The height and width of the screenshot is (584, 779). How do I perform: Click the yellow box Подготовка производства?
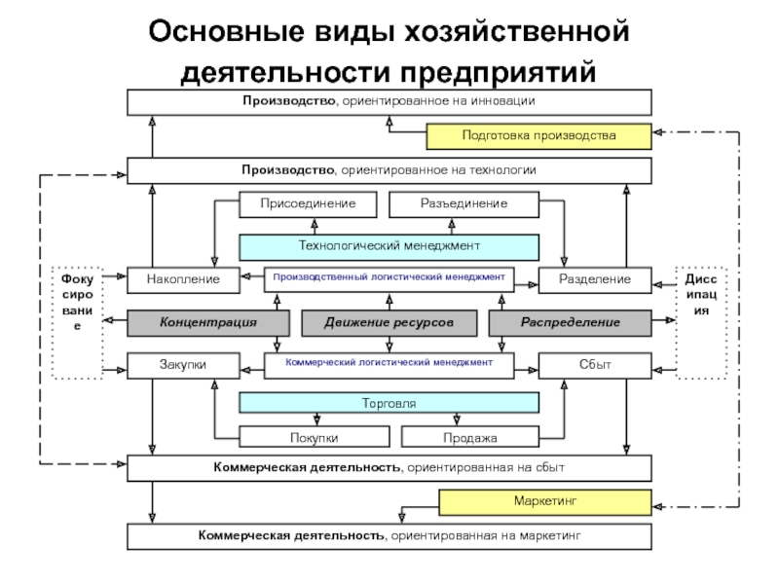click(x=539, y=136)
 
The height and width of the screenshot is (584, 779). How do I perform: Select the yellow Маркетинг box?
click(x=545, y=502)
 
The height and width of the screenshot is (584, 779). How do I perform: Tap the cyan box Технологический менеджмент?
click(x=389, y=247)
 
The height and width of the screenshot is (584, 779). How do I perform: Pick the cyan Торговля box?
click(x=389, y=403)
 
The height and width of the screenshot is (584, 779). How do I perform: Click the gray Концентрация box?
click(x=208, y=323)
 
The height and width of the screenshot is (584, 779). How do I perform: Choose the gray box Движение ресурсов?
click(x=389, y=323)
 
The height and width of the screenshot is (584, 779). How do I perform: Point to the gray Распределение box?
click(x=571, y=323)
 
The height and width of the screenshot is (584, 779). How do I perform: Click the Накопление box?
click(x=183, y=280)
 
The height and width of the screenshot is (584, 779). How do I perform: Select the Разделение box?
click(x=595, y=280)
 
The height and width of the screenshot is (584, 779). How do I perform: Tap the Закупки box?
click(x=183, y=366)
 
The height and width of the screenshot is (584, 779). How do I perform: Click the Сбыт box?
click(x=595, y=366)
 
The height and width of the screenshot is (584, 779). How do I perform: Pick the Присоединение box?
click(x=308, y=204)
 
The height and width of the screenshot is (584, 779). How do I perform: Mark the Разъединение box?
click(x=464, y=204)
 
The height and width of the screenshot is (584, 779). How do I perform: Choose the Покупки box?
click(x=314, y=437)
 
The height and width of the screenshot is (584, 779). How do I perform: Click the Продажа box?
click(x=470, y=437)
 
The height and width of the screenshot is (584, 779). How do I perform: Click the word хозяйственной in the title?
click(x=517, y=31)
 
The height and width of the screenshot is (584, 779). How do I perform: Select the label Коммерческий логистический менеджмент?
click(x=389, y=362)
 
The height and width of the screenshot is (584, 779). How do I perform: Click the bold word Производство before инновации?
click(x=288, y=101)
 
